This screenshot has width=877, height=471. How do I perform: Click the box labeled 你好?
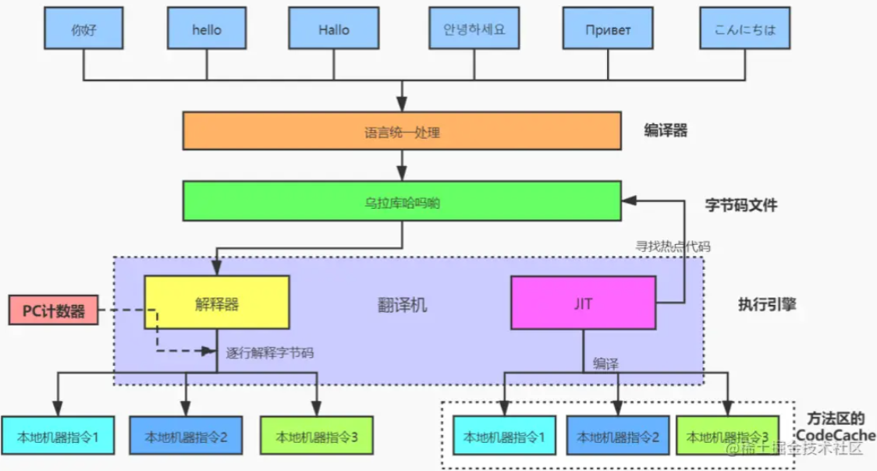84,29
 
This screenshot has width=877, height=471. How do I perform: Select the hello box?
207,29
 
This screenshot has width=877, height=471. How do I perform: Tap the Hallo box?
334,29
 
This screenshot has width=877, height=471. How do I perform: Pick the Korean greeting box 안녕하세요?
474,29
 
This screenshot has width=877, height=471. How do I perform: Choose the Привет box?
608,29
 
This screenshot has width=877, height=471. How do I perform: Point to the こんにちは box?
745,29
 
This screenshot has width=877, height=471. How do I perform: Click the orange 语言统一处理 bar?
402,131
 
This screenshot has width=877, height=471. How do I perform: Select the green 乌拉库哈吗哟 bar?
402,201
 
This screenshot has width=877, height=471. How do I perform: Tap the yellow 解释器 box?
217,303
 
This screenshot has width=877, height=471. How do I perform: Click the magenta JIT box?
584,303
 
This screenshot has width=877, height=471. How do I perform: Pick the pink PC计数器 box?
54,310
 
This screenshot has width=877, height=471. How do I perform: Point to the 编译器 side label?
666,131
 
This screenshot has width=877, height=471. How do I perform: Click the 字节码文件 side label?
741,205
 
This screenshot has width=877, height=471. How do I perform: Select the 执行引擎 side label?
768,304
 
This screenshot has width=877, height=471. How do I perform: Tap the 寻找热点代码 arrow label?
673,246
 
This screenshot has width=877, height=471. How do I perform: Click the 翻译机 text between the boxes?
402,305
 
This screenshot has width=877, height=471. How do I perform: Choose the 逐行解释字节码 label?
270,352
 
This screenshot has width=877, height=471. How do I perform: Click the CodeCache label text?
836,435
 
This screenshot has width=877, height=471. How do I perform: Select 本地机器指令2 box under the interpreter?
186,435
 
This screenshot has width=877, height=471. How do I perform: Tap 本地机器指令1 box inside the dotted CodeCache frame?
505,435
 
